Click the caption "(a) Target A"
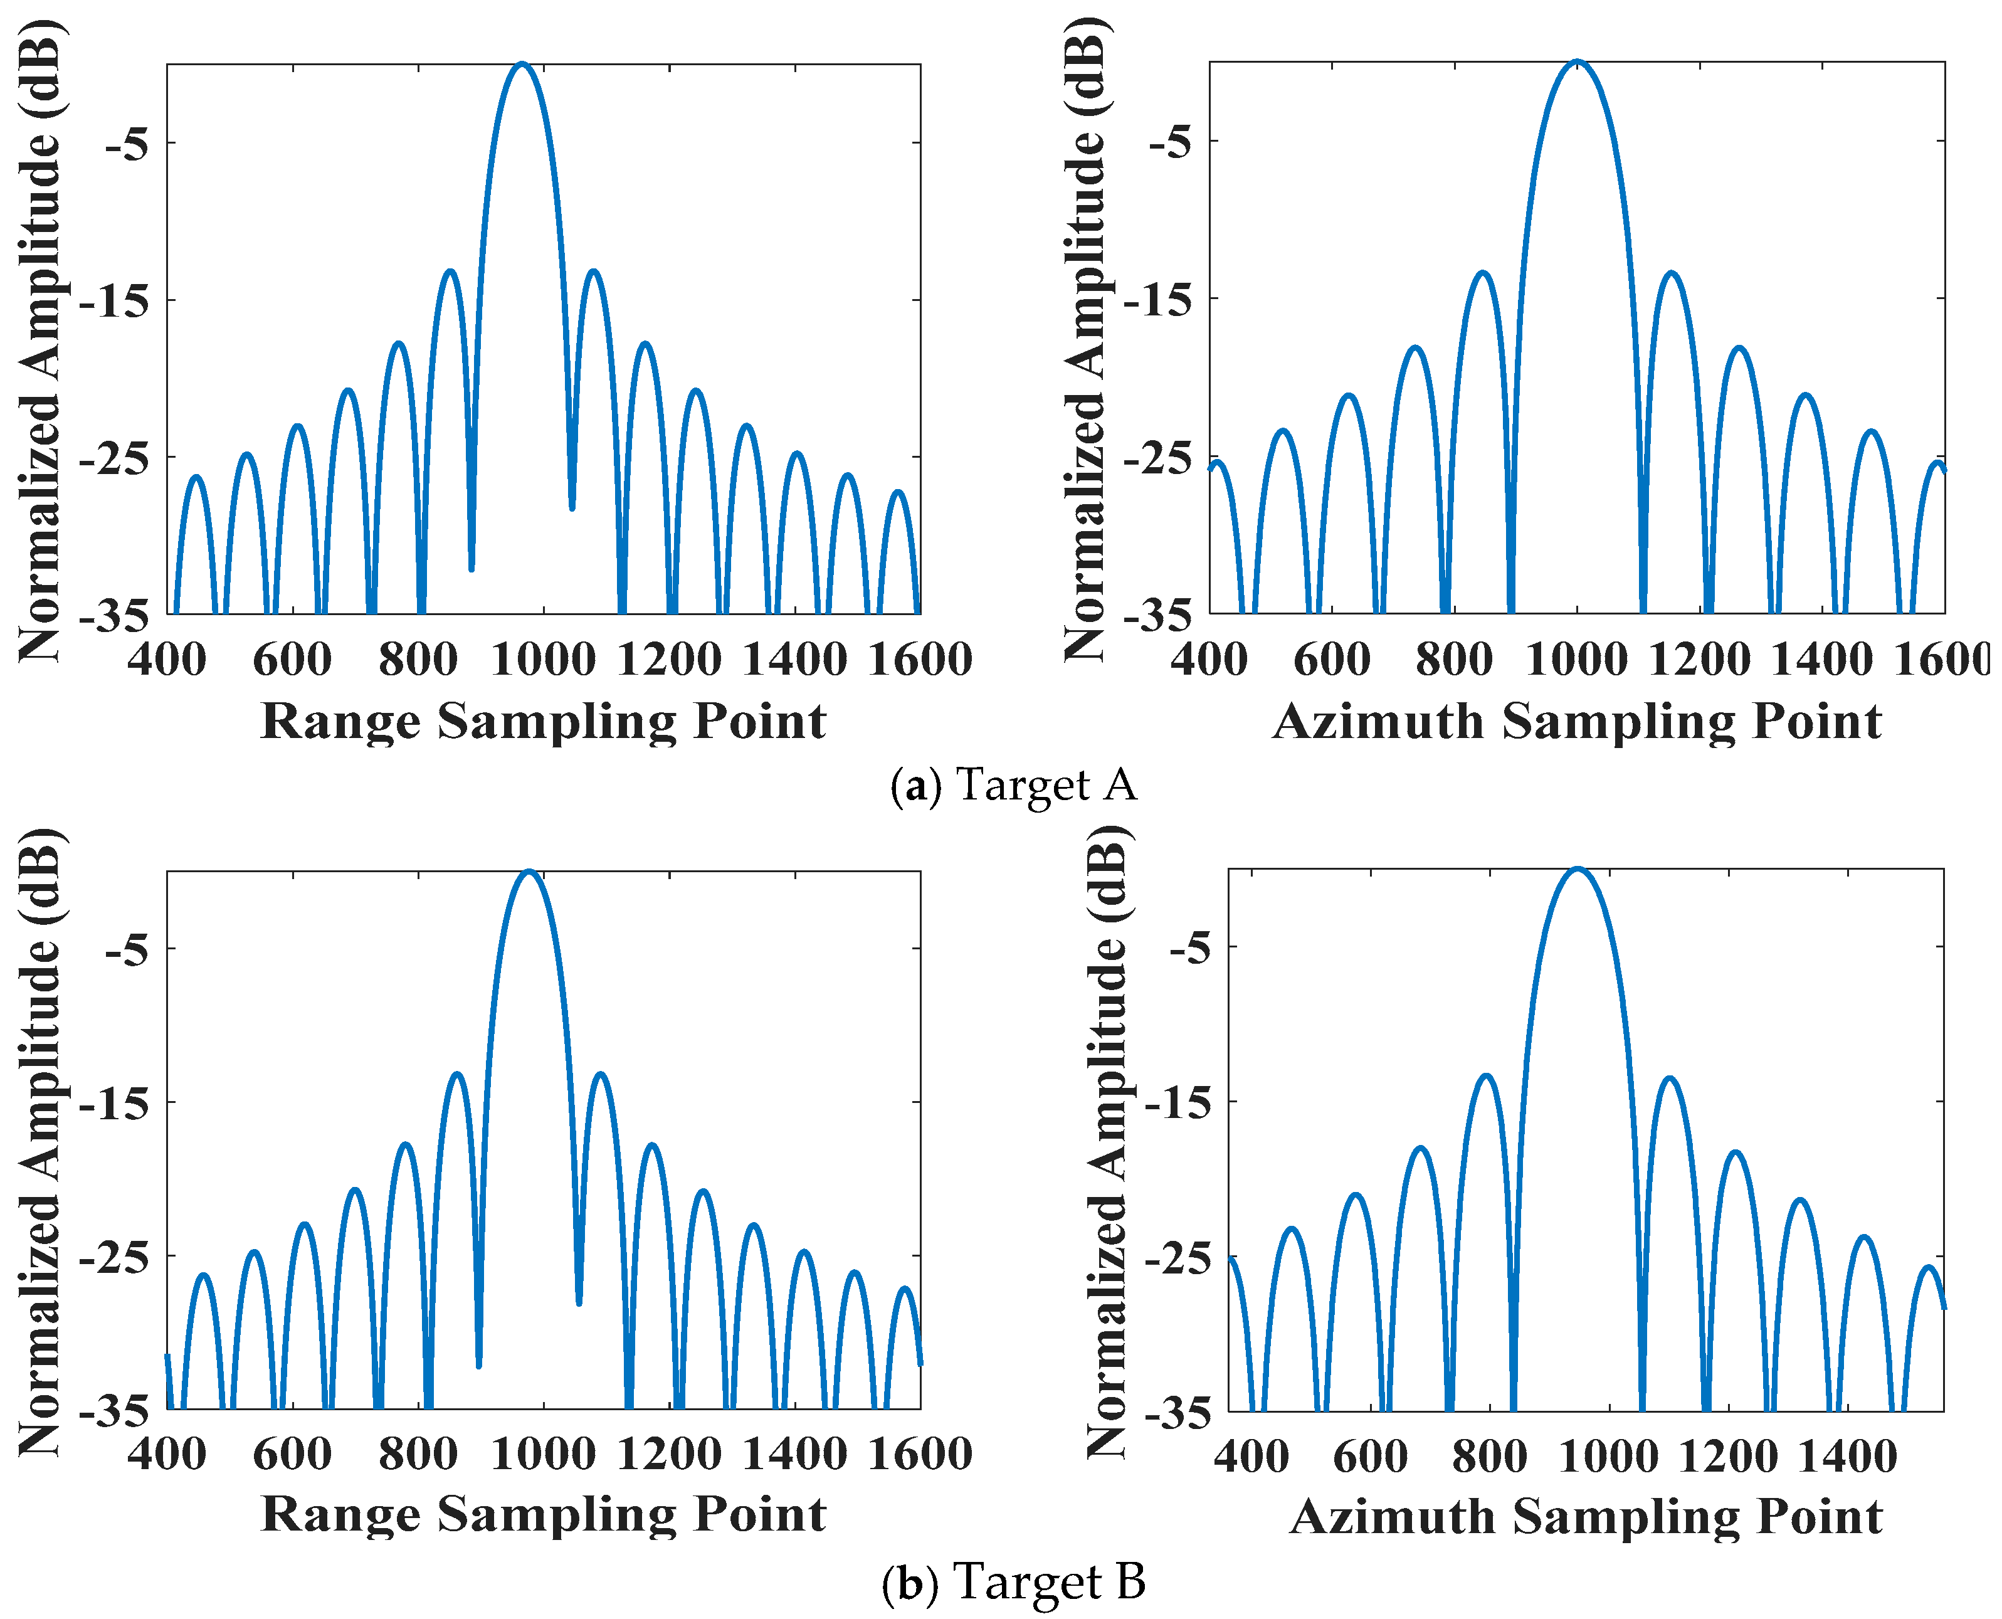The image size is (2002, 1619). click(1014, 785)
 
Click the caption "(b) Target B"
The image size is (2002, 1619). click(1014, 1582)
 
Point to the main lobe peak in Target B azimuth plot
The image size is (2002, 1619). click(1577, 868)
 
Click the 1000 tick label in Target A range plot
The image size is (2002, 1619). click(543, 660)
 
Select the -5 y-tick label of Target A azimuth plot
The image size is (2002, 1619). click(1169, 142)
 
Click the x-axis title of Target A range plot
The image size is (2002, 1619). click(543, 722)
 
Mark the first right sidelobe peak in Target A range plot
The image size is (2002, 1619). click(593, 272)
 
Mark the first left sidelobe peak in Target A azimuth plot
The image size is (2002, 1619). click(1482, 273)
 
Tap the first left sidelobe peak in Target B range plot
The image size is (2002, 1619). click(457, 1074)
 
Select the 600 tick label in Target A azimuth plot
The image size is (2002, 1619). click(1332, 660)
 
